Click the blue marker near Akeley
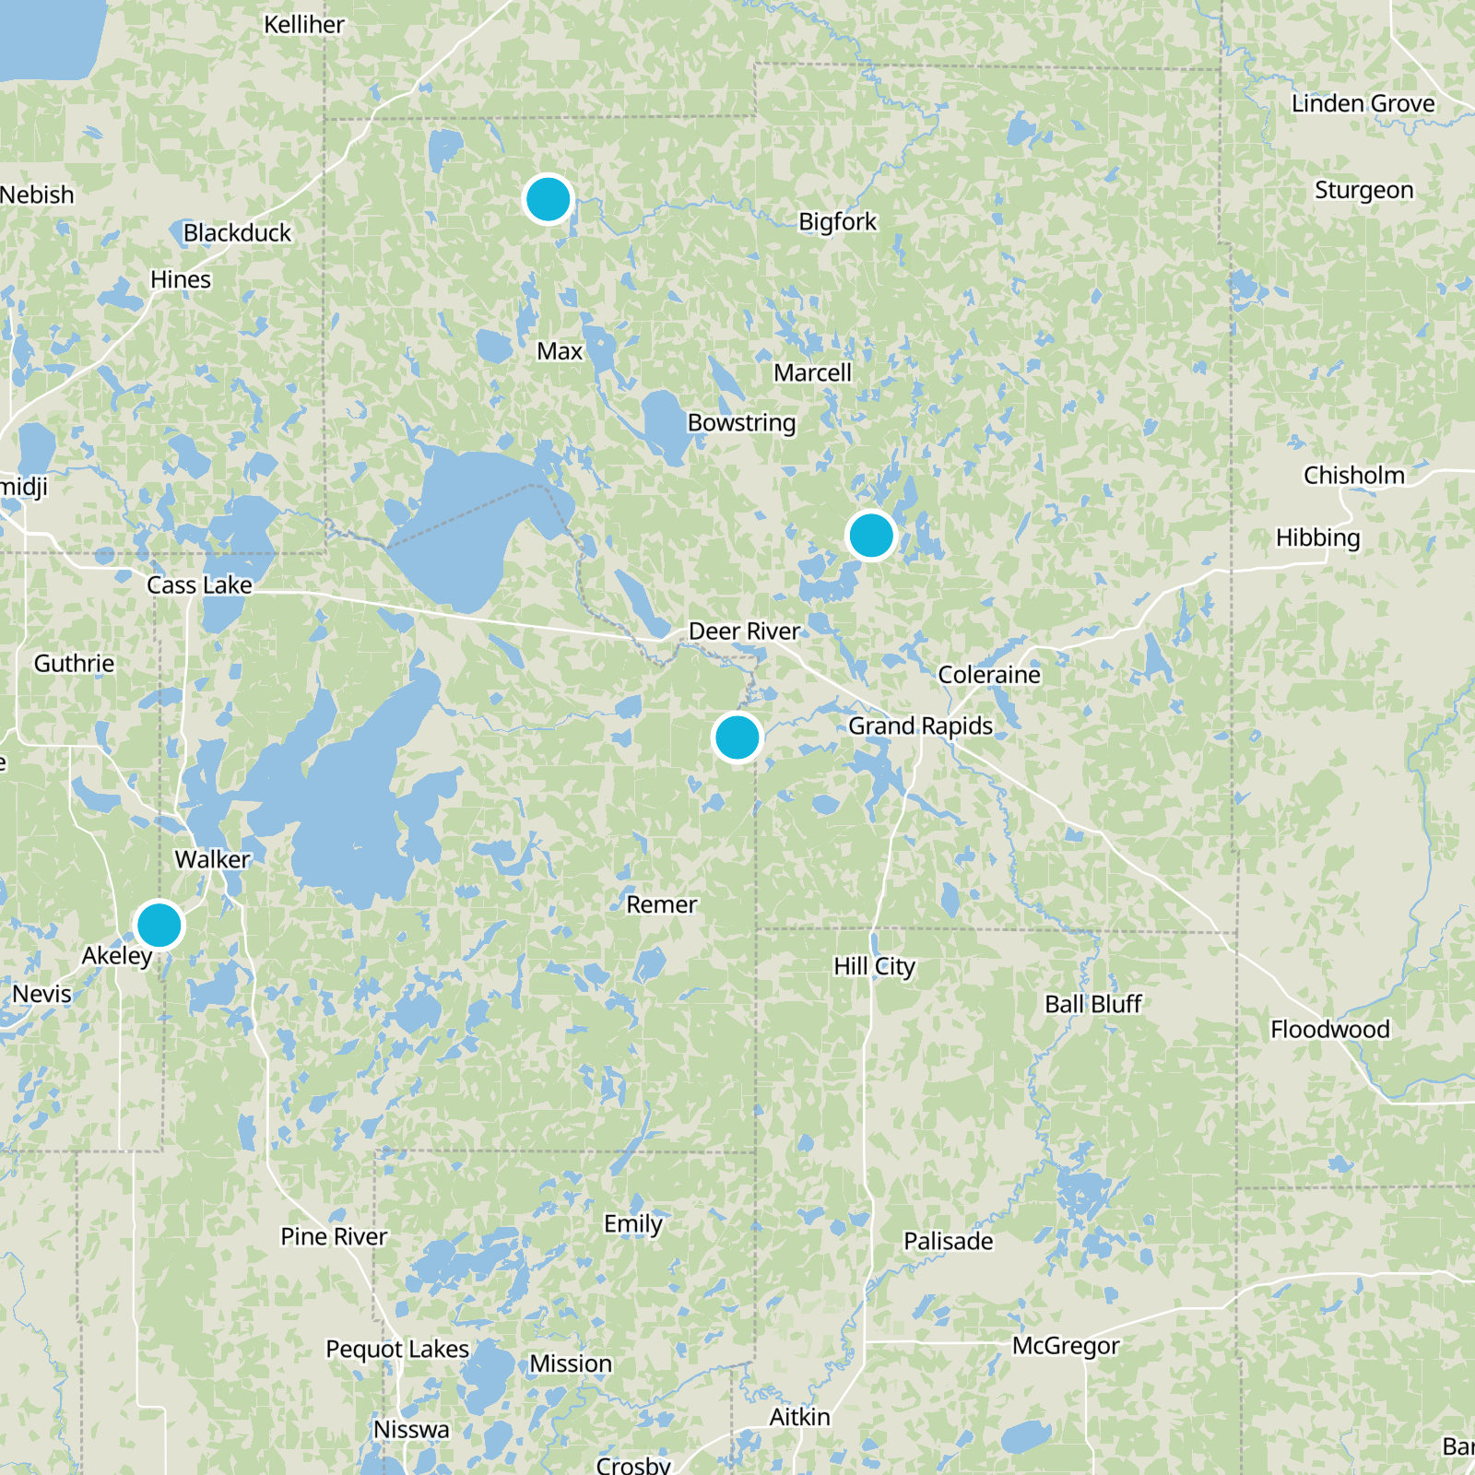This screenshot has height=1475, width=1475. tap(159, 925)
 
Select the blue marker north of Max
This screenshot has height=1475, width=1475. tap(548, 199)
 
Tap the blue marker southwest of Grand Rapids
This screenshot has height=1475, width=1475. tap(737, 737)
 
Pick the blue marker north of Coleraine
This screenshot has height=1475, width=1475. tap(870, 535)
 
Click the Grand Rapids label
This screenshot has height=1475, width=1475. tap(920, 726)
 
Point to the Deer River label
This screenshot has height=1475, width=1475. tap(744, 631)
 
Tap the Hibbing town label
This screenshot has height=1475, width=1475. tap(1317, 537)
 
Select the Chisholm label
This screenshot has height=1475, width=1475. tap(1353, 476)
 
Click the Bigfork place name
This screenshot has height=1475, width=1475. tap(837, 222)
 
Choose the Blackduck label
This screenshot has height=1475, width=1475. tap(237, 233)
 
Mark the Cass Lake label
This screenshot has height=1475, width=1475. tap(199, 585)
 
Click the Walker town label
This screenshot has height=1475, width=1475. tap(212, 859)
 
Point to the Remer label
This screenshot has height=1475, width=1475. tap(661, 904)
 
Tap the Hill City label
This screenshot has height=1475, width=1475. tap(874, 966)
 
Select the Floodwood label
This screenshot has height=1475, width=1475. tap(1329, 1029)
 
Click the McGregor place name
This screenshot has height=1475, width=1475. tap(1066, 1346)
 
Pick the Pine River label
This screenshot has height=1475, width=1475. tap(334, 1236)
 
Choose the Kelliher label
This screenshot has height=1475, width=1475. tap(304, 25)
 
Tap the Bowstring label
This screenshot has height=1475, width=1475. tap(741, 423)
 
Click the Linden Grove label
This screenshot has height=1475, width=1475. tap(1363, 103)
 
